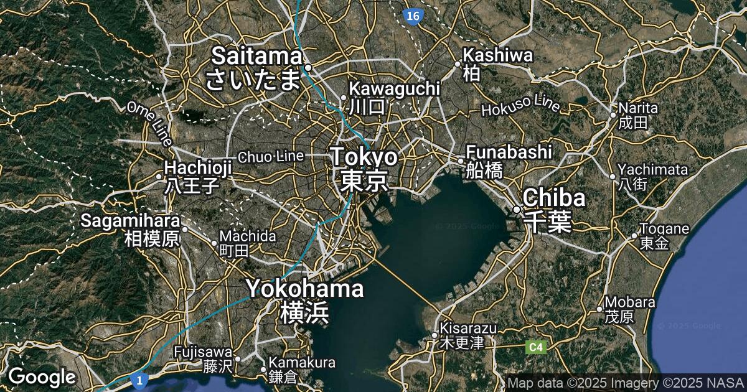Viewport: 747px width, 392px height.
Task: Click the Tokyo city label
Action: [x=364, y=157]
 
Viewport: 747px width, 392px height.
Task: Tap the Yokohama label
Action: [x=305, y=289]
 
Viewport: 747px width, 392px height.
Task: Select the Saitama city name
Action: [x=256, y=57]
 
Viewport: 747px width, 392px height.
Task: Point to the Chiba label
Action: [x=554, y=198]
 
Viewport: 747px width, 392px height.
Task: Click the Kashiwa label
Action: [x=498, y=55]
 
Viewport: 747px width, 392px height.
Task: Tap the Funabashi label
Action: [x=509, y=152]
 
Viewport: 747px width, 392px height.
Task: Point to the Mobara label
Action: [x=630, y=302]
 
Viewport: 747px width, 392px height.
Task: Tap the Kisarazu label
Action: [x=468, y=328]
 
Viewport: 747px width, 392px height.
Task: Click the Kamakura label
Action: [x=302, y=363]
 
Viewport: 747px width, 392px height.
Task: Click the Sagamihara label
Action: [x=130, y=221]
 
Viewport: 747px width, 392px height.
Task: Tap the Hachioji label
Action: [x=198, y=167]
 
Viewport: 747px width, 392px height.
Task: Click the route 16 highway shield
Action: [x=411, y=16]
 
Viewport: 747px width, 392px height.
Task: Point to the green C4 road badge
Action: [x=535, y=347]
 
